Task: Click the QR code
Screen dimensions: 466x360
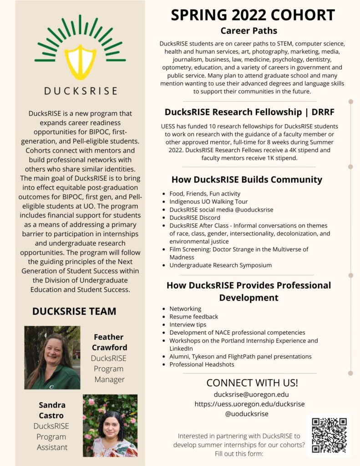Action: click(x=329, y=435)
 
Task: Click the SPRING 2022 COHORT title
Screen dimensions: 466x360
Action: click(x=253, y=15)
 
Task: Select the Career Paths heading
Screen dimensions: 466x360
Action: click(x=248, y=31)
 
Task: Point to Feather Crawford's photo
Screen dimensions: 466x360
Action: click(x=52, y=357)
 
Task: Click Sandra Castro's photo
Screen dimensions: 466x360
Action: click(x=110, y=425)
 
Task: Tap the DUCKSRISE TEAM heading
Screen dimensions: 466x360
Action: click(x=74, y=311)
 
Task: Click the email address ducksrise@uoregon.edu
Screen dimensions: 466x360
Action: click(x=251, y=394)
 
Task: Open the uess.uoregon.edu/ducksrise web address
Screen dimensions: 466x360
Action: click(x=249, y=404)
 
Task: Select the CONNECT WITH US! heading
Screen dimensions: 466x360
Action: click(x=252, y=382)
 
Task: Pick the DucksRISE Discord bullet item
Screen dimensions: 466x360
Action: click(x=195, y=218)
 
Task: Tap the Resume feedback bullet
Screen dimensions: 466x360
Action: click(x=193, y=316)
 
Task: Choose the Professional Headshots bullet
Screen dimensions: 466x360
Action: click(x=202, y=365)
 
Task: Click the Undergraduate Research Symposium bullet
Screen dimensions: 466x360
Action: click(x=220, y=265)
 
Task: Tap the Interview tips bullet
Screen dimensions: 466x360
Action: click(x=188, y=324)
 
